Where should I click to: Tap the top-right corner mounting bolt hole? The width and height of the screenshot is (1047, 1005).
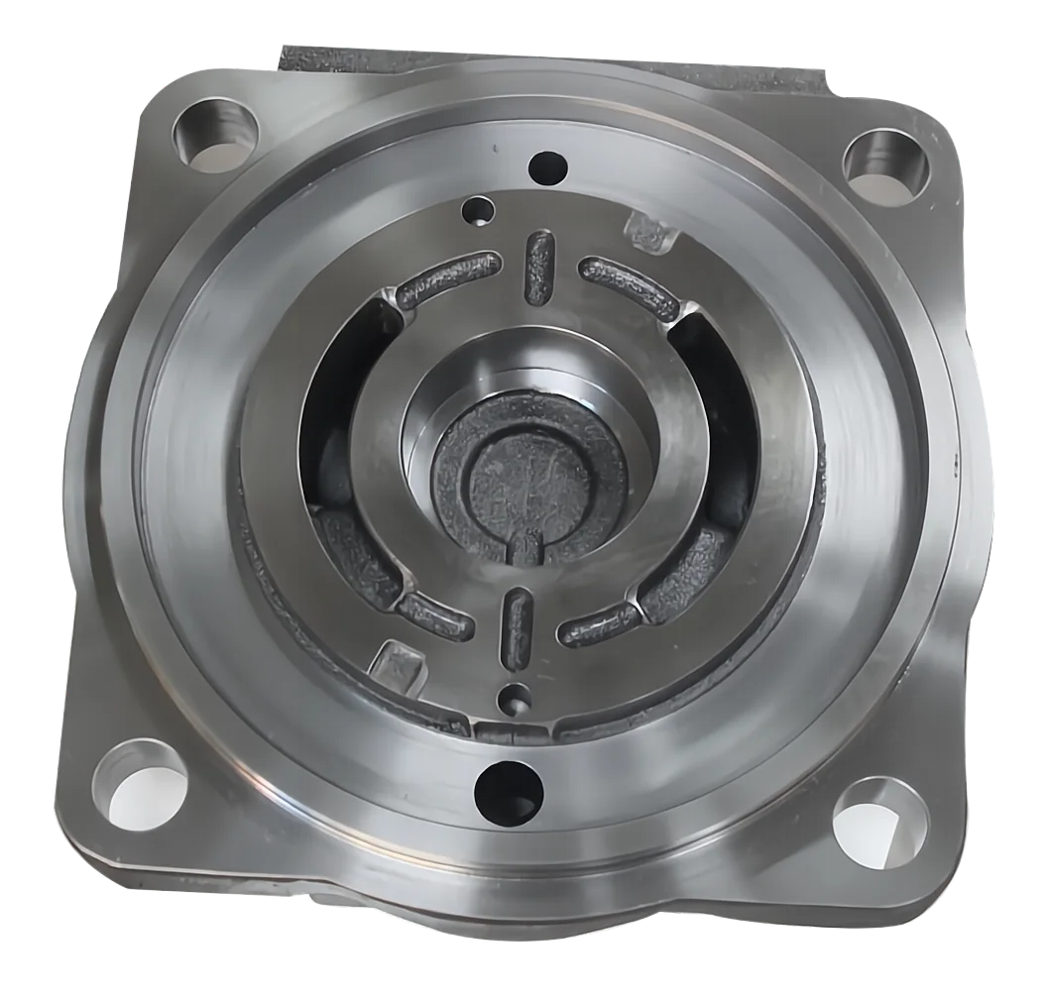point(885,161)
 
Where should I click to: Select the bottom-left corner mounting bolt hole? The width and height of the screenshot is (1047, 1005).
point(142,778)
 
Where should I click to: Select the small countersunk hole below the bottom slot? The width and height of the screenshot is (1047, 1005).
point(513,697)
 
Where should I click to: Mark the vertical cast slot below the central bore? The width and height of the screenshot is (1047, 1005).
point(517,629)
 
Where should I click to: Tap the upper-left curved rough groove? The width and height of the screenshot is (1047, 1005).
point(444,280)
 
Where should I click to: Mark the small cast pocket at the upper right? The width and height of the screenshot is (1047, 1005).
point(648,232)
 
